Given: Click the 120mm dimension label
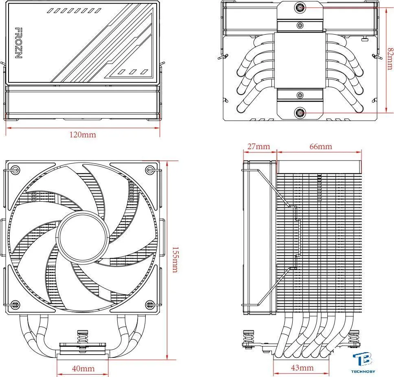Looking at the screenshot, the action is coord(83,134).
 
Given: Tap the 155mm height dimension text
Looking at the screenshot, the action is coord(175,260).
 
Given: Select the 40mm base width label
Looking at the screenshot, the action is coord(83,369).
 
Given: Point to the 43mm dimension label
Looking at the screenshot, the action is coord(302,368).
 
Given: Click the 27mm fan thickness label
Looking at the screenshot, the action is coord(258,146).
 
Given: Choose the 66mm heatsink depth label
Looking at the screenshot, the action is coord(321,146).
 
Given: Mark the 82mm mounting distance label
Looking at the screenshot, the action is coord(390,59).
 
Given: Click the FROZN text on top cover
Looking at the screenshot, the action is coord(19,43).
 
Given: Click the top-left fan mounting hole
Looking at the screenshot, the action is coord(15,169).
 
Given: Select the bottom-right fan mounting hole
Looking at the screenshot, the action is coord(150,305).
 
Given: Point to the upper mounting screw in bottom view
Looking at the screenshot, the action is coord(300,8).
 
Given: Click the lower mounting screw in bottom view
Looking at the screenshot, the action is coord(300,113).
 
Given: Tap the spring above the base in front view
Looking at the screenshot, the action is coord(82,337).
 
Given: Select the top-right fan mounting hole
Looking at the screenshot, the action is coord(150,169).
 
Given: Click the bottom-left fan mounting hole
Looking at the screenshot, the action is coord(15,305).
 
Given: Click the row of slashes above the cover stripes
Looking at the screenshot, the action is coord(74,11).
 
